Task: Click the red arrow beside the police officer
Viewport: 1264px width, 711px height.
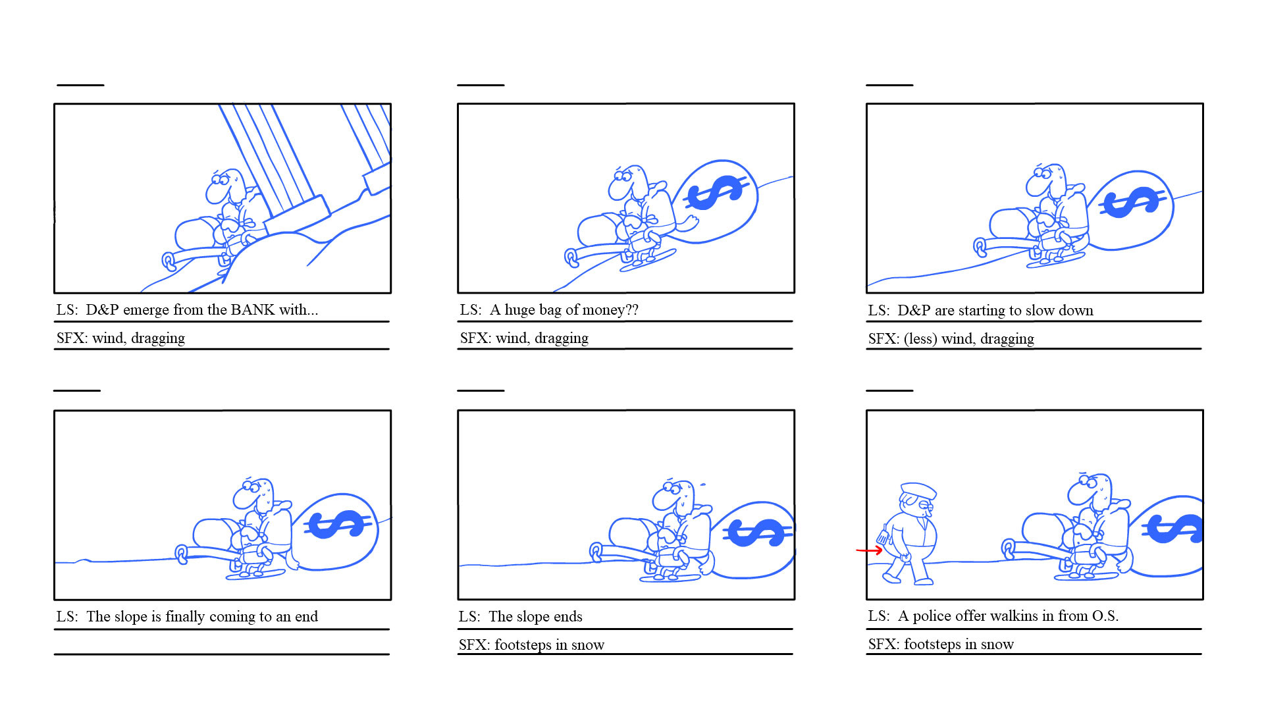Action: [x=869, y=550]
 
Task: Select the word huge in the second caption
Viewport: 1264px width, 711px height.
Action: [x=521, y=310]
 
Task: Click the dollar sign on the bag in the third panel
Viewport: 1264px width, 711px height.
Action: [x=1133, y=202]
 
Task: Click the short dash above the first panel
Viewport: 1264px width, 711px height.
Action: [x=80, y=85]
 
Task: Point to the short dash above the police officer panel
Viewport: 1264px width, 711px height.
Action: [x=889, y=390]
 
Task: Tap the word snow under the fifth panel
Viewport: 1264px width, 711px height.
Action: [x=588, y=645]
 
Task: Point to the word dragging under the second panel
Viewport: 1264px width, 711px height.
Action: [x=562, y=338]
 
